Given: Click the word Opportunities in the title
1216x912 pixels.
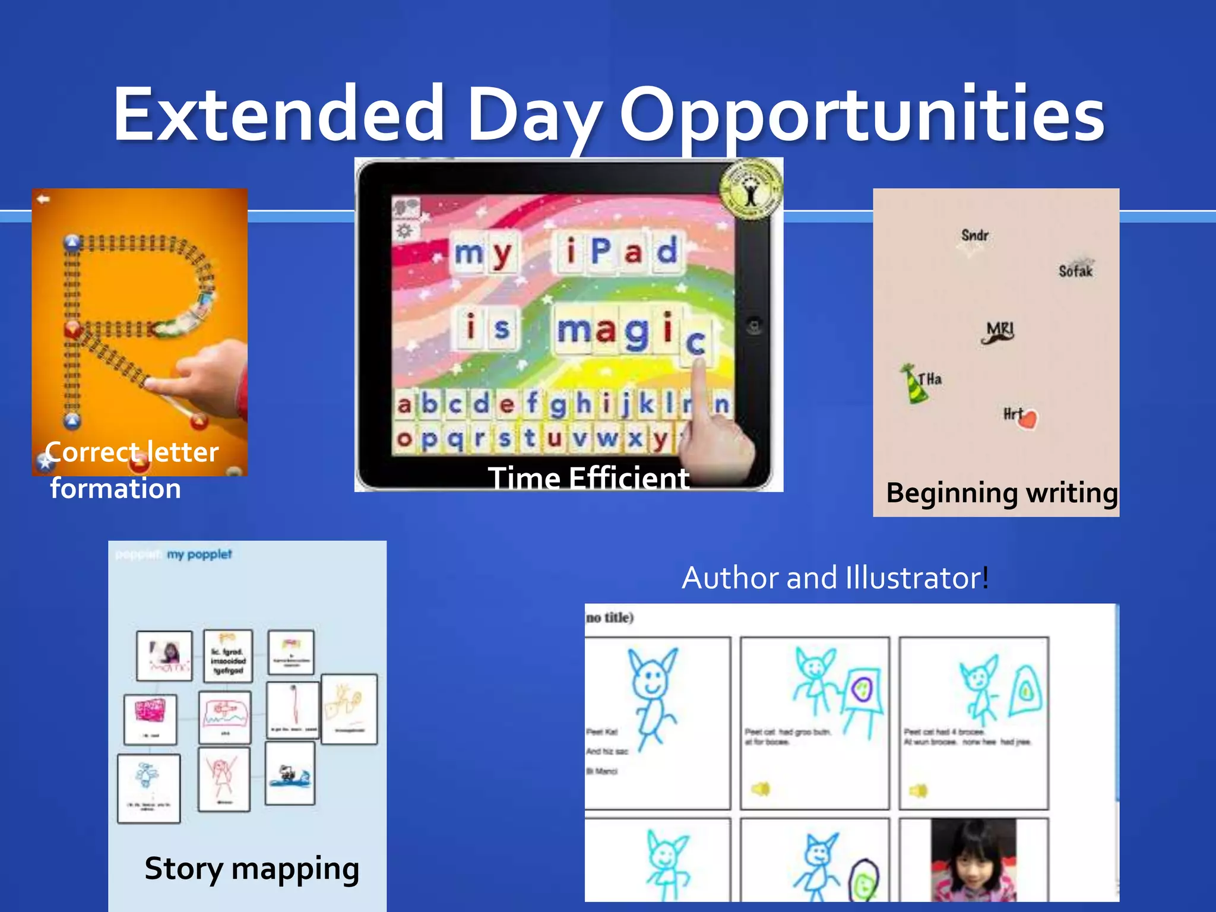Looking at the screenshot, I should click(861, 114).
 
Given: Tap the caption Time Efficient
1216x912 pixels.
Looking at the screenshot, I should click(588, 478).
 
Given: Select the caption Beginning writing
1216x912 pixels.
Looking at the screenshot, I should click(1002, 493).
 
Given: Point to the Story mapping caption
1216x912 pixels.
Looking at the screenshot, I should click(252, 869).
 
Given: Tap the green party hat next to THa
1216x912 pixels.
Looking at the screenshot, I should click(913, 384).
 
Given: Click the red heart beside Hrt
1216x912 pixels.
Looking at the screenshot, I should click(1028, 419).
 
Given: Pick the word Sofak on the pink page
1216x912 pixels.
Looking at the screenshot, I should click(1075, 271).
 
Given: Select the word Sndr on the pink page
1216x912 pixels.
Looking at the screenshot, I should click(974, 235).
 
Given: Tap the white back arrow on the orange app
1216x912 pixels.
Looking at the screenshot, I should click(43, 199).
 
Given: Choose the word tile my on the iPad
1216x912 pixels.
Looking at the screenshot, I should click(483, 252).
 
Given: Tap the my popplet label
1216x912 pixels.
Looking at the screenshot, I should click(199, 554).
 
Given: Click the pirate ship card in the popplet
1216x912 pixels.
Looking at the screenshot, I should click(290, 774).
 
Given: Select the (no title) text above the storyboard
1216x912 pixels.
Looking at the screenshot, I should click(610, 617).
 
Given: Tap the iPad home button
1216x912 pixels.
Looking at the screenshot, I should click(753, 326).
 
